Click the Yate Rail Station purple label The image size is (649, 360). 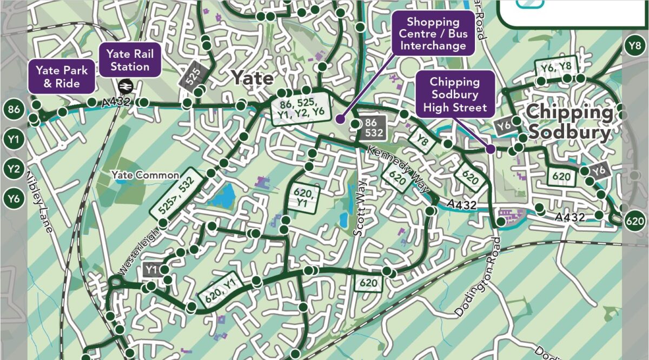coord(130,61)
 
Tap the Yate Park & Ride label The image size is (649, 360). coord(62,77)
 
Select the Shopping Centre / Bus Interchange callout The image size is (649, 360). coord(433,34)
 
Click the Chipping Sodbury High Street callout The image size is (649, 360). coord(455,95)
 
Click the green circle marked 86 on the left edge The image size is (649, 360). coord(14,110)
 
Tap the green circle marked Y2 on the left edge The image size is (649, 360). coord(14,169)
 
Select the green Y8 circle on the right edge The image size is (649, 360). coord(635,46)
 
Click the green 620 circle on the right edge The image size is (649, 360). coord(635,221)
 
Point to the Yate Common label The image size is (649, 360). coord(145,175)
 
